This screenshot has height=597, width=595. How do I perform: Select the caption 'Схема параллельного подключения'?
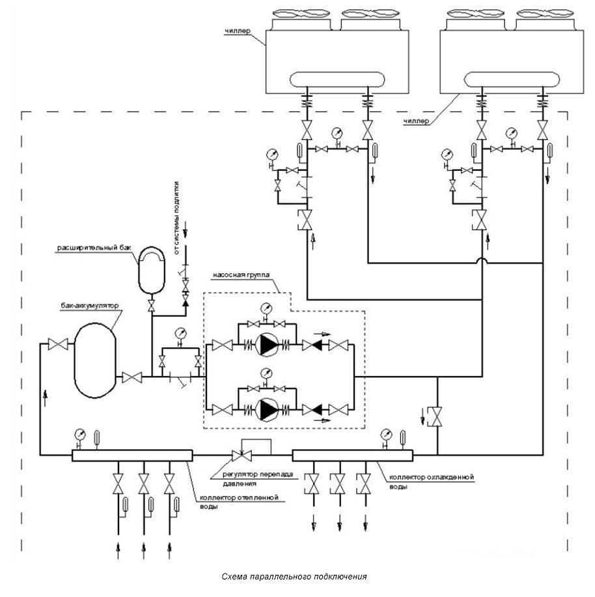click(x=294, y=577)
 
